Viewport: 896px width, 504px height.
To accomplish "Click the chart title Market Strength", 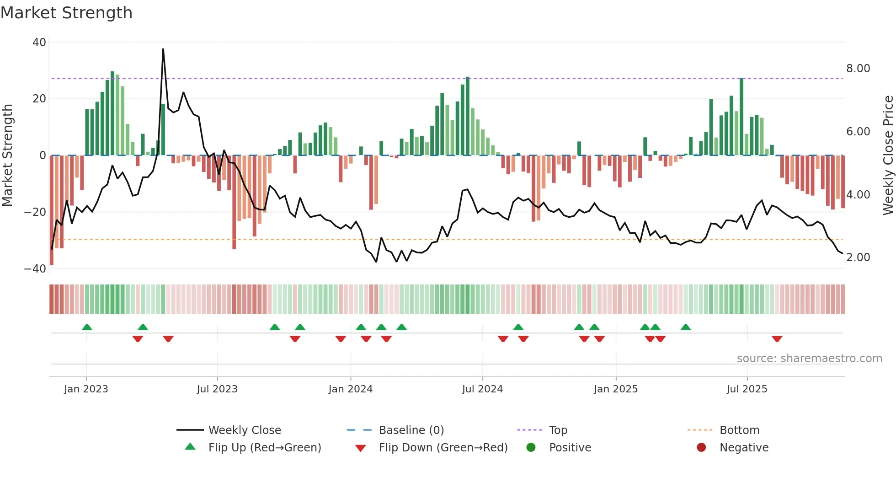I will coord(66,13).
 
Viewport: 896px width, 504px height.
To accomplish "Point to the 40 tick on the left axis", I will coord(39,43).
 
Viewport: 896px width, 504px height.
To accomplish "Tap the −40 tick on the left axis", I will coord(35,269).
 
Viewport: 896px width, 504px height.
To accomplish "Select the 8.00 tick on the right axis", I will coord(858,69).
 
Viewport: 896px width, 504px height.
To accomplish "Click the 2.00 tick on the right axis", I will coord(858,257).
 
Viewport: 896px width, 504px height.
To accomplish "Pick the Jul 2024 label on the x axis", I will coord(482,389).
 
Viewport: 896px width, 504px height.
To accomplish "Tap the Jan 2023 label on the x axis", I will coord(86,389).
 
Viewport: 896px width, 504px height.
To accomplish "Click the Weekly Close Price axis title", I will coord(888,155).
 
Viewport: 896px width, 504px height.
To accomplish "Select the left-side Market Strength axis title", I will coord(7,155).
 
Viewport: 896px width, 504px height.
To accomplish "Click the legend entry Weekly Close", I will coord(245,430).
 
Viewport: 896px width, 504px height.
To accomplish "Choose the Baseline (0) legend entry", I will coord(411,430).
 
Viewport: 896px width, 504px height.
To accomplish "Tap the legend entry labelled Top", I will coord(558,430).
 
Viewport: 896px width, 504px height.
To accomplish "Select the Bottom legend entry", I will coord(739,430).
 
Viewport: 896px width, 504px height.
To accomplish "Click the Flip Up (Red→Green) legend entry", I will coord(265,448).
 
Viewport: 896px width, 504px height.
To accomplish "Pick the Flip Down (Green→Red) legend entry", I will coord(443,448).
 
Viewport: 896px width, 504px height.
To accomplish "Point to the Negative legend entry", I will coord(744,448).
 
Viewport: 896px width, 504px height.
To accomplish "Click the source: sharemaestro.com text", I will coord(809,359).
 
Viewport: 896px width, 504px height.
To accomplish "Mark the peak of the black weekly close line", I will coord(163,49).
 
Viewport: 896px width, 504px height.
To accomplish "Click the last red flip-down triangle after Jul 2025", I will coord(777,339).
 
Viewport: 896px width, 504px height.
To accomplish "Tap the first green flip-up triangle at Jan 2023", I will coord(87,327).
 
